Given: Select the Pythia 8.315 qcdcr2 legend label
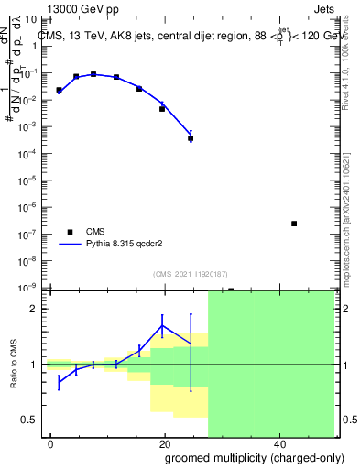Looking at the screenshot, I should point(127,245).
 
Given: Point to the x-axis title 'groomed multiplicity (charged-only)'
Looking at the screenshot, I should point(242,457).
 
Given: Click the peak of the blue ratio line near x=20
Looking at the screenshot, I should point(163,326).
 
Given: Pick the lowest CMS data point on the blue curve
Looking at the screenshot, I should point(191,138).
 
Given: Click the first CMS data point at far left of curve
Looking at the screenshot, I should point(59,90).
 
